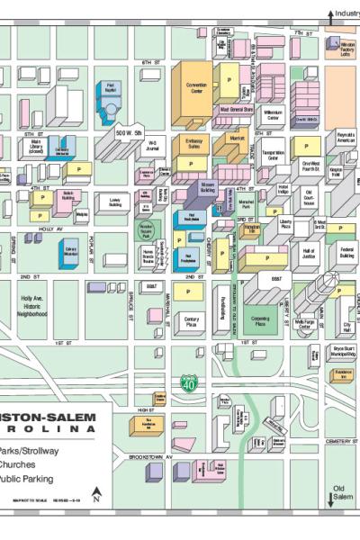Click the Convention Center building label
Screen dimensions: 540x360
(197, 89)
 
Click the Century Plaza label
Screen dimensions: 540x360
(191, 320)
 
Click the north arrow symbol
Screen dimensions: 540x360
(96, 494)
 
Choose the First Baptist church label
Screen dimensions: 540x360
(111, 88)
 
